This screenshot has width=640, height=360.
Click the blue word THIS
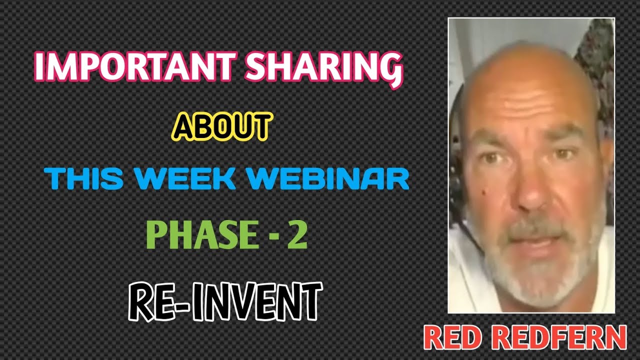pyautogui.click(x=84, y=179)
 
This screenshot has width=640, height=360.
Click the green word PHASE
pyautogui.click(x=200, y=236)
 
